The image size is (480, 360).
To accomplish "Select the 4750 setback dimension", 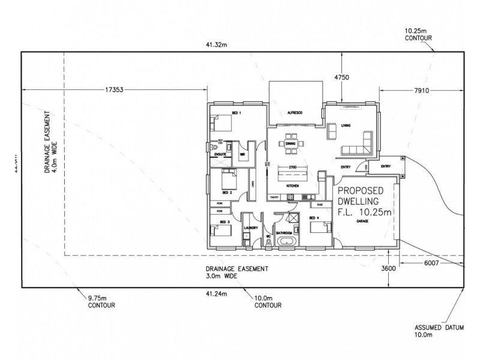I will [x=342, y=77].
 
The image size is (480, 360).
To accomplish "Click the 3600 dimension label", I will [x=389, y=268].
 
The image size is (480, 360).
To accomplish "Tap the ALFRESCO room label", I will [x=294, y=113].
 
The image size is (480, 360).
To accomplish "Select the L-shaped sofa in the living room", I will [x=359, y=145].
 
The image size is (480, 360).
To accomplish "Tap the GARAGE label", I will [x=363, y=221].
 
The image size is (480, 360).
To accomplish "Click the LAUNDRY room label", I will [x=251, y=228].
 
